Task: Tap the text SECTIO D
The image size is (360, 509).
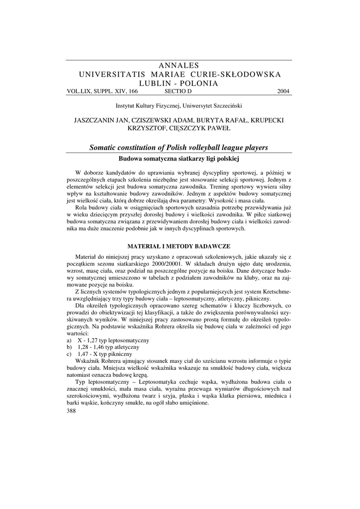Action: coord(178,91)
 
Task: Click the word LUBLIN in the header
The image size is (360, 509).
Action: coord(159,83)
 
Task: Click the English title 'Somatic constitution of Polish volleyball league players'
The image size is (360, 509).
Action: coord(179,148)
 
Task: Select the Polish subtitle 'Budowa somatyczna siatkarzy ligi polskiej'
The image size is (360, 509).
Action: coord(179,159)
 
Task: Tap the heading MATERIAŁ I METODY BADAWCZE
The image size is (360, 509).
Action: coord(179,246)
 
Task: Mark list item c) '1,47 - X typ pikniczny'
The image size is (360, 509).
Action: coord(105,354)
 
